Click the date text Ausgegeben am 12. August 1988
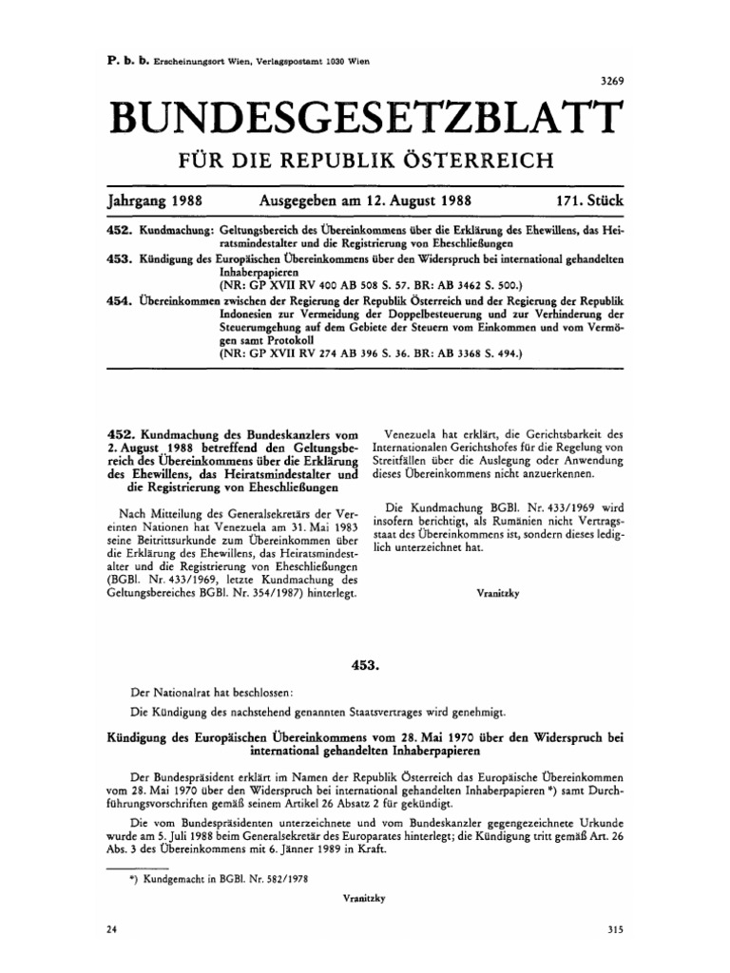(366, 202)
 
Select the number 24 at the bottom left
(113, 931)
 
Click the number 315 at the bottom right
(611, 931)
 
